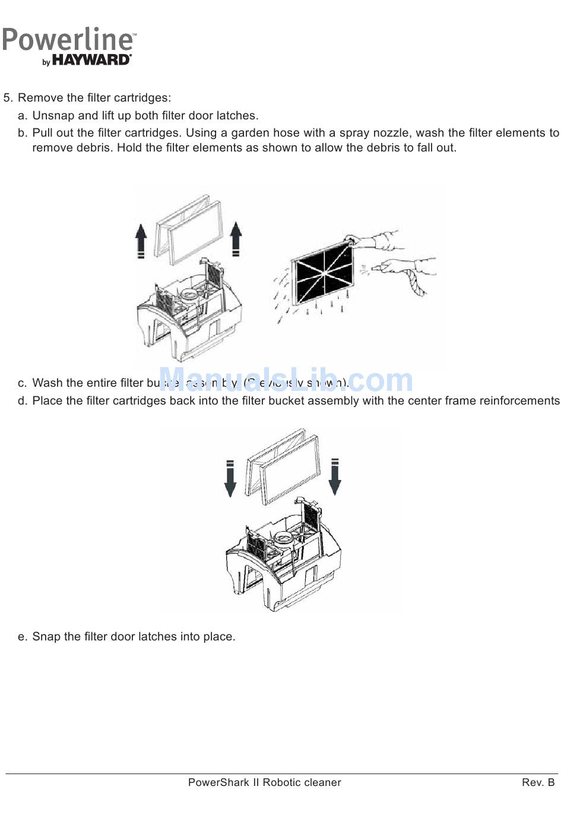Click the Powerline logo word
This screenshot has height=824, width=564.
tap(68, 40)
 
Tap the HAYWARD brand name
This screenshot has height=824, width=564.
tap(91, 60)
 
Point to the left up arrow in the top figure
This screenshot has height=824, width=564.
tap(141, 240)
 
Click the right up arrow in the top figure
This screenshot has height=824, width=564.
tap(236, 239)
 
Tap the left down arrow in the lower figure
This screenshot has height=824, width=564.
tap(230, 478)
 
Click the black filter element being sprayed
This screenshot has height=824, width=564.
tap(321, 273)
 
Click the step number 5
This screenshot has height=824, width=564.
tap(7, 98)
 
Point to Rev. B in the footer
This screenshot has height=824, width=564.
tap(538, 782)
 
